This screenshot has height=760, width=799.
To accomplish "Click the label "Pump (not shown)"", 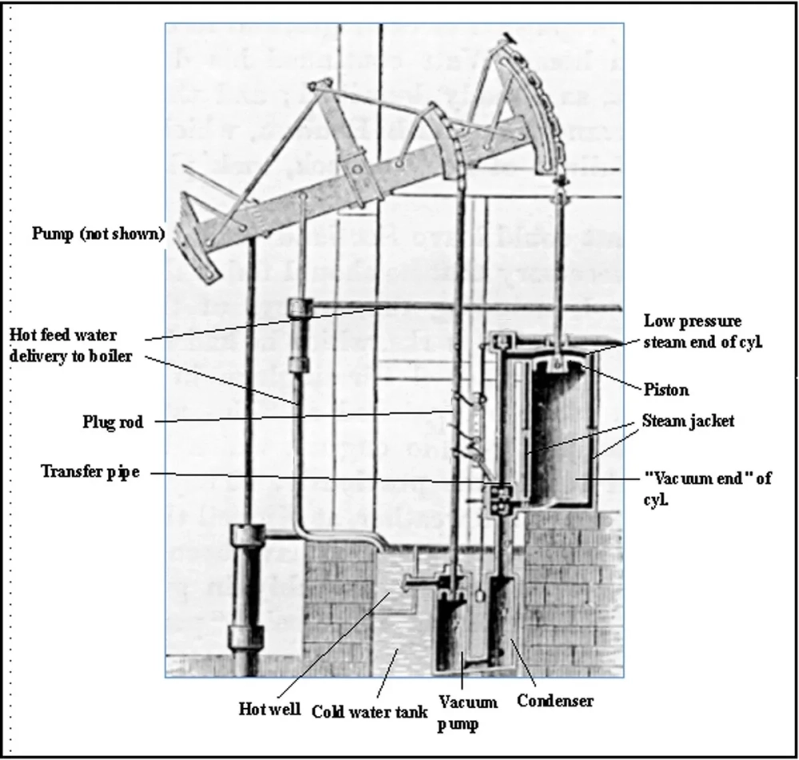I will (x=98, y=234).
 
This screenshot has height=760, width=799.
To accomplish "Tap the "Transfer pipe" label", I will (x=91, y=472).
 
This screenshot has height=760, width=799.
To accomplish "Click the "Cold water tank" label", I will (x=368, y=710).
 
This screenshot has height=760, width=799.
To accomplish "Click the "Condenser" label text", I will (x=555, y=701).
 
